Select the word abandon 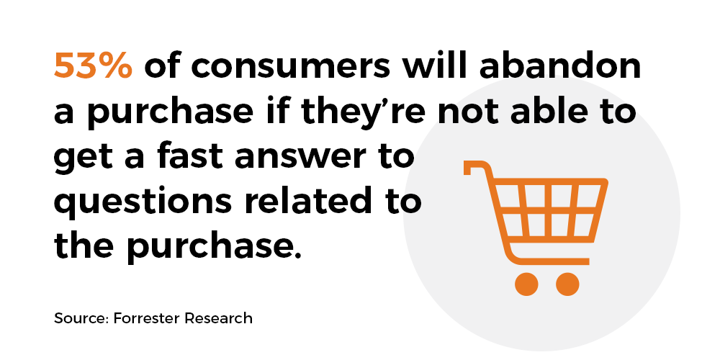click(559, 65)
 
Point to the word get click(82, 158)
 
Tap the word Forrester click(146, 318)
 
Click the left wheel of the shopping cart click(526, 284)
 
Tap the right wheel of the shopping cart click(567, 284)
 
